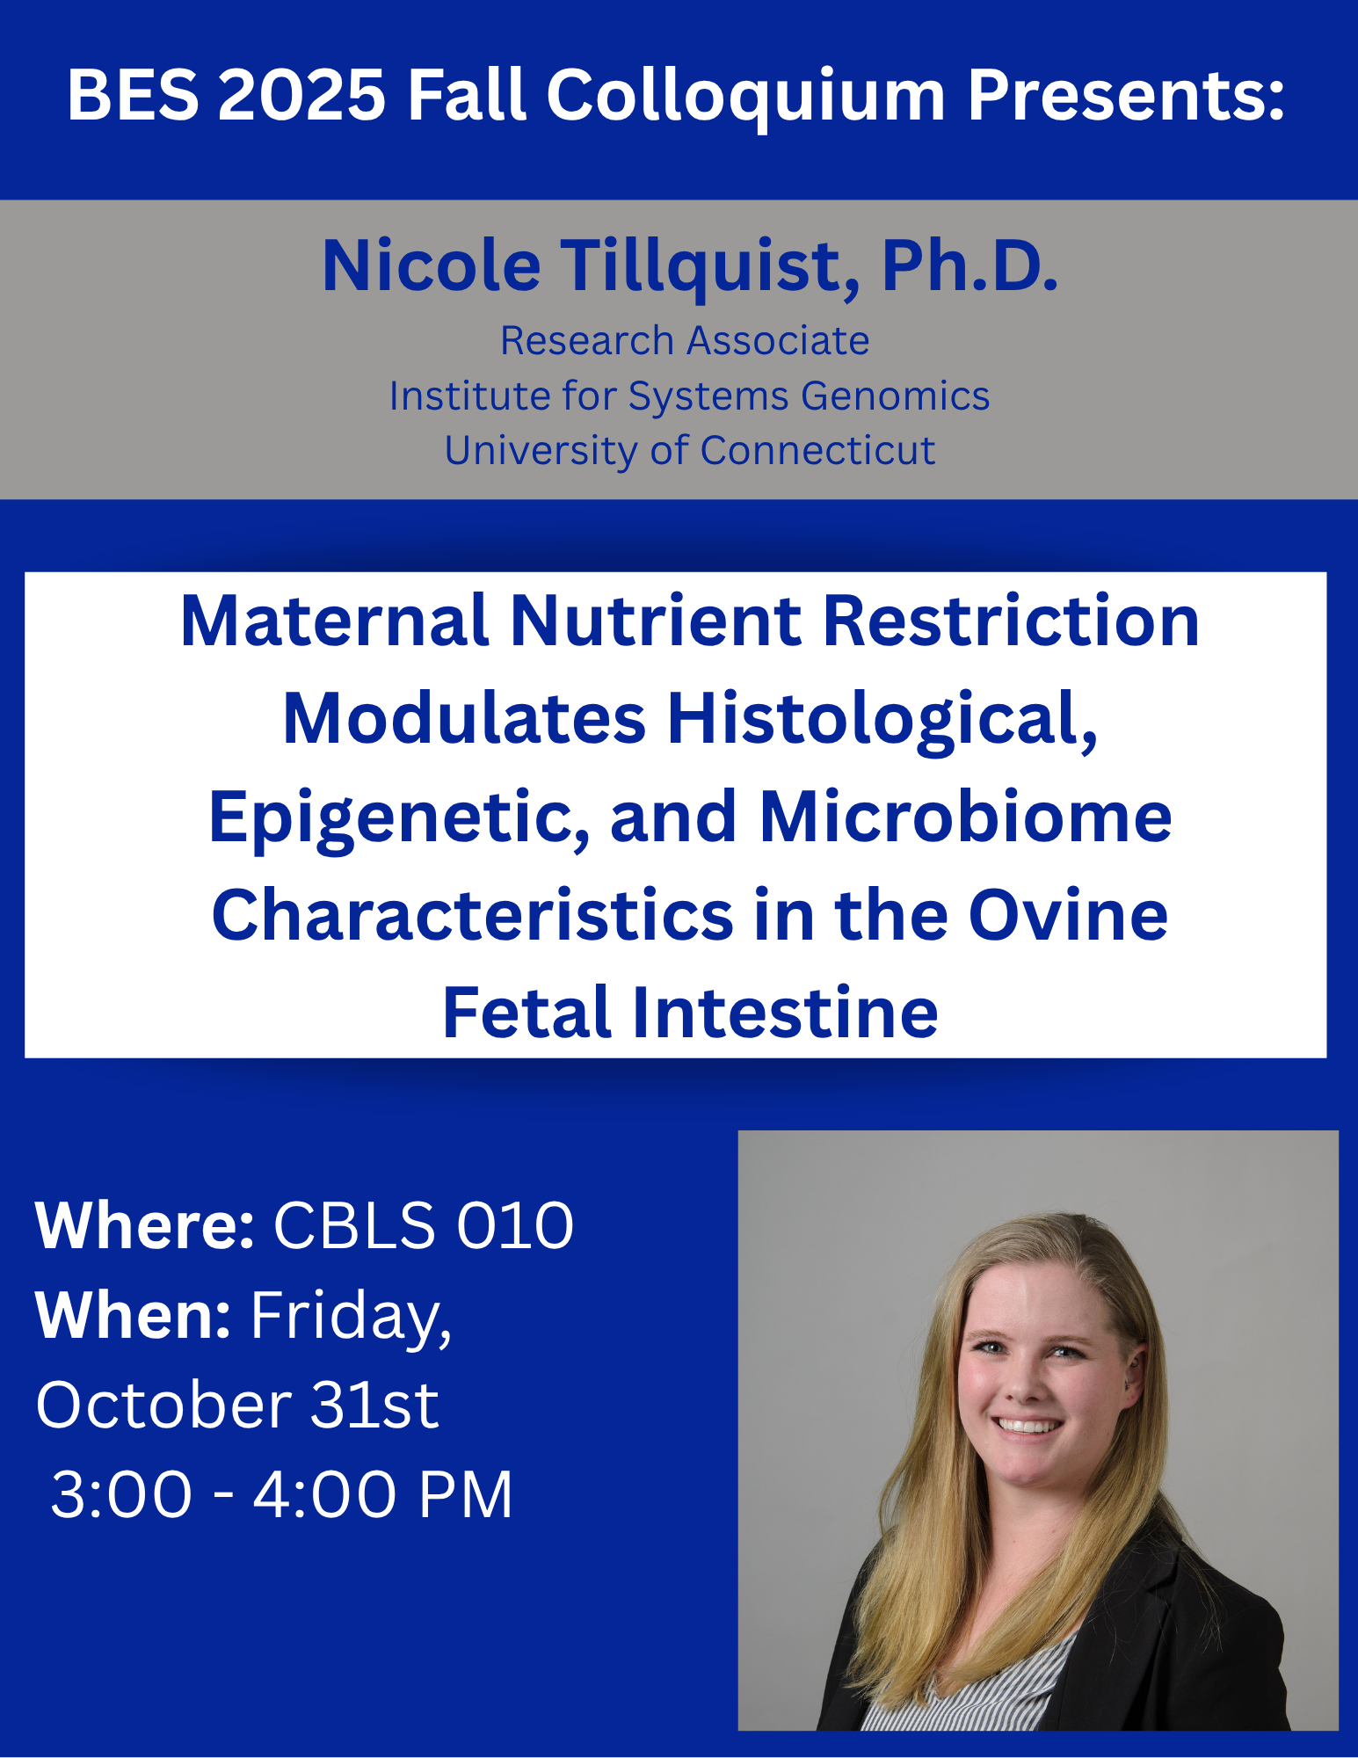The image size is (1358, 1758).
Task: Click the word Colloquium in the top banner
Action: click(746, 97)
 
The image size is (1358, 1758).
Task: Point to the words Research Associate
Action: click(685, 341)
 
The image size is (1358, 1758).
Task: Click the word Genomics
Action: click(896, 396)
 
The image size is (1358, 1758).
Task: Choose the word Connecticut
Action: click(817, 451)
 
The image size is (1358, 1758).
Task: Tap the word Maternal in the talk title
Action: click(334, 621)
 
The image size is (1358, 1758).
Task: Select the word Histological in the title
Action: click(882, 719)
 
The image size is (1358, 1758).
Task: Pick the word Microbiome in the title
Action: click(965, 817)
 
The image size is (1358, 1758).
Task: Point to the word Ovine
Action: click(1068, 915)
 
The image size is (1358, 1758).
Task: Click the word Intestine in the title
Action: click(785, 1013)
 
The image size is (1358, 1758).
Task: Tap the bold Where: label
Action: click(145, 1224)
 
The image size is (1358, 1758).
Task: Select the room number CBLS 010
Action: click(424, 1225)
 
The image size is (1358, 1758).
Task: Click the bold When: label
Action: click(134, 1315)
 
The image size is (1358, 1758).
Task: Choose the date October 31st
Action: click(237, 1405)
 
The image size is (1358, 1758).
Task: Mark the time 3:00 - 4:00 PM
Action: click(281, 1494)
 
